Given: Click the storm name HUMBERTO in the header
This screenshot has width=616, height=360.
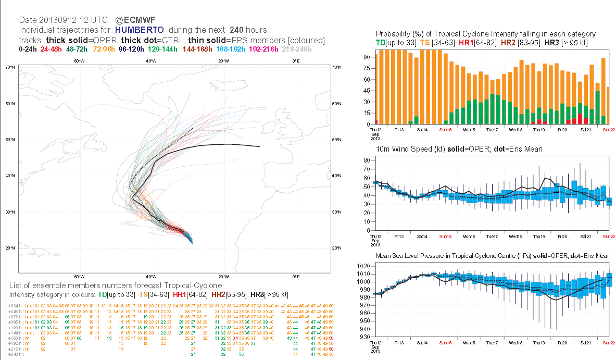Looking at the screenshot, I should [x=140, y=30].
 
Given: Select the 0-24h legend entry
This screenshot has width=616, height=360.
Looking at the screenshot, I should [x=28, y=49].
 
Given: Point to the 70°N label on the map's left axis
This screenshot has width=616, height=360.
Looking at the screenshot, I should [x=10, y=68].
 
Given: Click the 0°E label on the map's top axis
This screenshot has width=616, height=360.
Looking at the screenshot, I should [x=295, y=61].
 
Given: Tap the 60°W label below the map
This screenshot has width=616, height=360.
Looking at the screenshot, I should [x=79, y=277].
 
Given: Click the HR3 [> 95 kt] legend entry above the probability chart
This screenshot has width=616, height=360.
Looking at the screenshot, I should [x=565, y=42].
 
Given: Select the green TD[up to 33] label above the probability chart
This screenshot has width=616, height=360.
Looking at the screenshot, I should [x=395, y=42].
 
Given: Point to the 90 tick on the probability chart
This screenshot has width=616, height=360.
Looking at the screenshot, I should [x=367, y=57].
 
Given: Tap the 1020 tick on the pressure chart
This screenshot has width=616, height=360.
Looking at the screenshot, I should [x=364, y=266].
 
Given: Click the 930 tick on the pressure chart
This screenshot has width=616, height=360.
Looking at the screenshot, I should [x=366, y=337].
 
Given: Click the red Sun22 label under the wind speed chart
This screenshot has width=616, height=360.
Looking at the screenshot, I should [x=609, y=237].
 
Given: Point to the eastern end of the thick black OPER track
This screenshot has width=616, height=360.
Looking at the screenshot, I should [x=259, y=146].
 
